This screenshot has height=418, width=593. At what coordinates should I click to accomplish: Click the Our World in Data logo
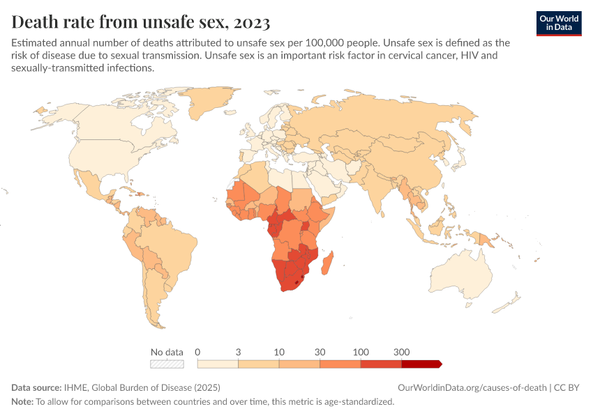(x=559, y=23)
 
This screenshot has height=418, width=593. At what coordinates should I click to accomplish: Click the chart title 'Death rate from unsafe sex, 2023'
(x=140, y=22)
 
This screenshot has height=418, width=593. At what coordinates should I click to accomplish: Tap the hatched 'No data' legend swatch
(x=167, y=364)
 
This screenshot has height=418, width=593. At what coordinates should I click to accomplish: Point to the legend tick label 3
(x=239, y=352)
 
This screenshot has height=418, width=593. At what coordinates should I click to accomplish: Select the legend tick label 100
(x=361, y=352)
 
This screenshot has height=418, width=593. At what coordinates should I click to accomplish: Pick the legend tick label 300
(x=402, y=352)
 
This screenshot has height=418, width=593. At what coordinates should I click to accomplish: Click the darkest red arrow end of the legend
(x=437, y=364)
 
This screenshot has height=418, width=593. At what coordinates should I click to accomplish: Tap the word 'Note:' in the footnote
(x=22, y=401)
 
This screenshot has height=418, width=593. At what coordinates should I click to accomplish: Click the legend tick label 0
(x=198, y=352)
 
